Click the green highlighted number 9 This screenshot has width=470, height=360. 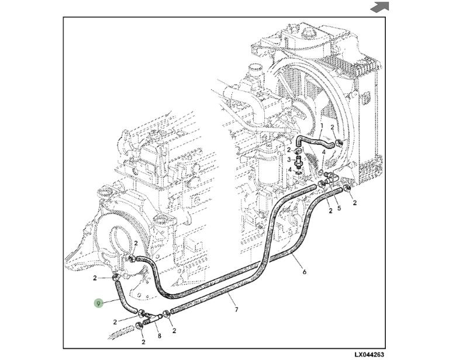coord(99,303)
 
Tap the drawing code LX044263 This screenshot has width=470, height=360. coord(369,354)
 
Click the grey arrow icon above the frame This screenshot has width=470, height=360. coord(379,7)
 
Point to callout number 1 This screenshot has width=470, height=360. coord(322,126)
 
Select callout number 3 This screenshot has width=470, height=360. coord(289,160)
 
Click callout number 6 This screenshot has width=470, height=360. coord(305,272)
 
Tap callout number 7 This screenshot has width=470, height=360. coord(237,309)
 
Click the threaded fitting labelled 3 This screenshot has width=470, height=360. coord(299,160)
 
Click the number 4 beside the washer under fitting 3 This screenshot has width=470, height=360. coord(289,169)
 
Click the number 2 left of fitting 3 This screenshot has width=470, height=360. coord(288,150)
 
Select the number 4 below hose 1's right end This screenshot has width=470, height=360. coord(323,153)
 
